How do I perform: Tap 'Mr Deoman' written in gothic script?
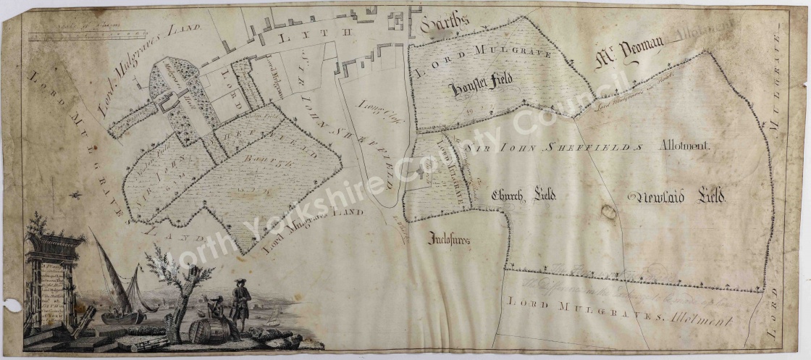pyautogui.click(x=623, y=56)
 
